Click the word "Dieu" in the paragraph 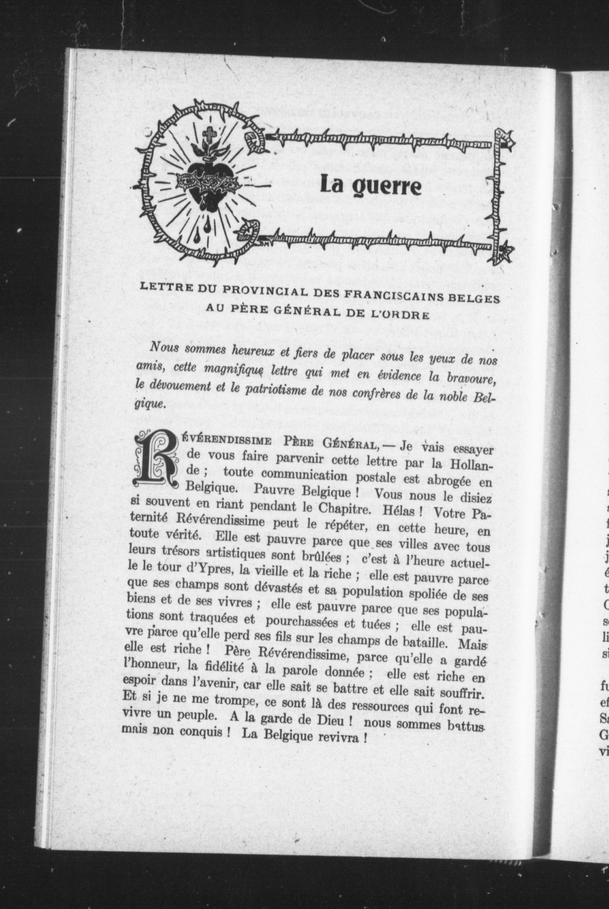coord(330,714)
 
